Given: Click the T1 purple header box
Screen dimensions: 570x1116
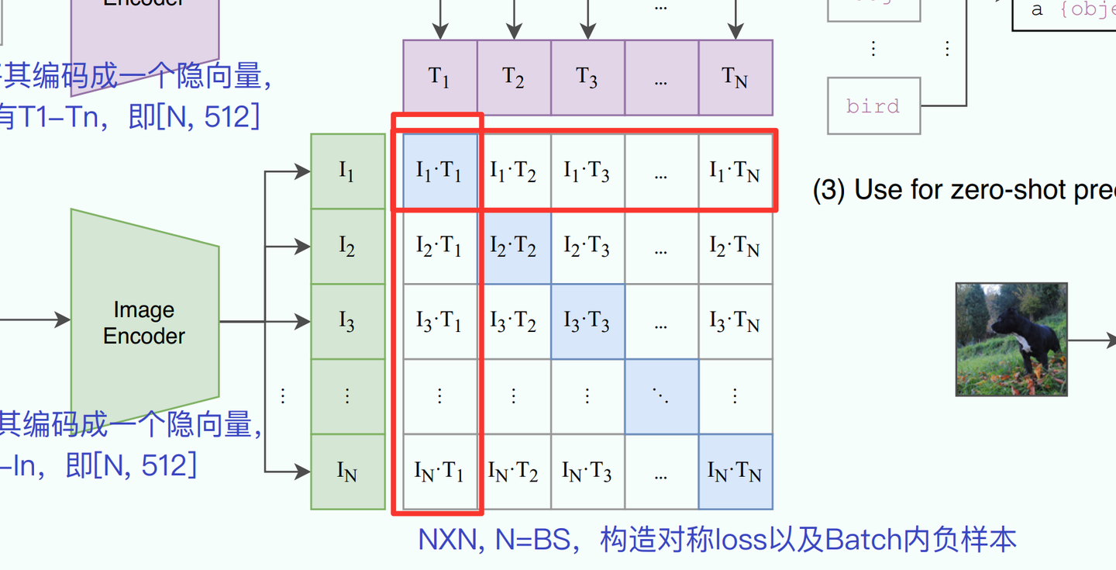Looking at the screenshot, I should click(439, 78).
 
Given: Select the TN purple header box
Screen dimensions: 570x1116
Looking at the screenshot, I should click(735, 78).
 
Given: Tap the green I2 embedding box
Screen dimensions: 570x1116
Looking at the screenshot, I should click(347, 247).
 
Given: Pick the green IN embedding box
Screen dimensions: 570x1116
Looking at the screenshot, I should click(347, 471).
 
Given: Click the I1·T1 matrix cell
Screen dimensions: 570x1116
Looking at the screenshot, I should click(439, 171).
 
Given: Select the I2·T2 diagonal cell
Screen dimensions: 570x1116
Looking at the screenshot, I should click(513, 247).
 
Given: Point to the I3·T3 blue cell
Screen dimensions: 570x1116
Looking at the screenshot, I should click(587, 321).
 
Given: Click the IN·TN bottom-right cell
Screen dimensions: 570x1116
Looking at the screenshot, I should click(735, 471).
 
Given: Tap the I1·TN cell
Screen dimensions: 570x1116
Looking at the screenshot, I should click(735, 171).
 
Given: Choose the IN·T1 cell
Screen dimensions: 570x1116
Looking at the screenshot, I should click(439, 471).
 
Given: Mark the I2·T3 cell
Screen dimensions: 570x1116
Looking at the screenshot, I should click(587, 247).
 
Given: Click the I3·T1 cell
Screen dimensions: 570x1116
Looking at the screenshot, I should click(439, 321).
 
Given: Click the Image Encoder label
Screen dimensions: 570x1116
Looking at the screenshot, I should click(144, 323).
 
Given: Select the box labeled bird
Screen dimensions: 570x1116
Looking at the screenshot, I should click(873, 106).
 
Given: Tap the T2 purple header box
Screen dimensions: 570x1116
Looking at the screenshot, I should click(513, 78).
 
